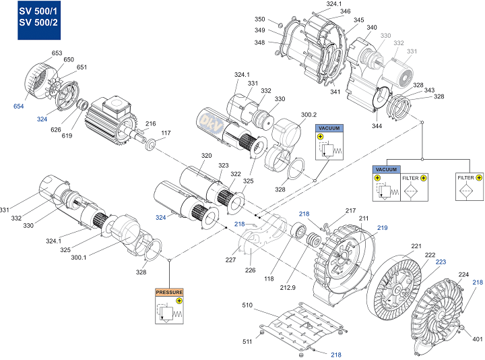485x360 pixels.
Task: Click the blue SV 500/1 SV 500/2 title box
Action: click(39, 20)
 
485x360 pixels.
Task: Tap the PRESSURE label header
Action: click(169, 292)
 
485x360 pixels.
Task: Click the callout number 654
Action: click(19, 106)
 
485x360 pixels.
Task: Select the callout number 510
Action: click(247, 305)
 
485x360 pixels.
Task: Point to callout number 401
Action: click(478, 339)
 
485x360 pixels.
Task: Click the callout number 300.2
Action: click(309, 115)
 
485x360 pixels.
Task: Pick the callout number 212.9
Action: click(288, 288)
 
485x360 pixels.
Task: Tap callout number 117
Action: click(166, 133)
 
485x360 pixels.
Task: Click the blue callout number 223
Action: click(441, 262)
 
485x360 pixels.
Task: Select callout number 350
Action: click(260, 19)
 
